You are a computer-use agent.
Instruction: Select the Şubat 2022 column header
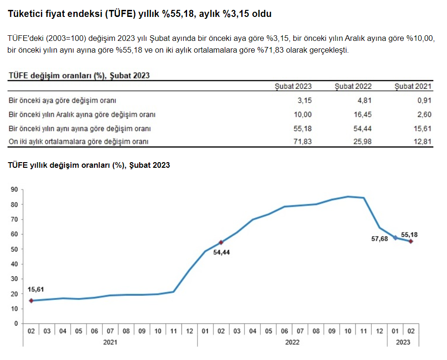tap(353, 86)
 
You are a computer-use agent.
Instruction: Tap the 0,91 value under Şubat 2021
tap(423, 100)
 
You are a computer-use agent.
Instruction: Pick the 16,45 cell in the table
tap(362, 114)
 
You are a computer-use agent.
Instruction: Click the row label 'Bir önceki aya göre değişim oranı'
tap(63, 100)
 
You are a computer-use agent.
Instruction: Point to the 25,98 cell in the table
tap(362, 141)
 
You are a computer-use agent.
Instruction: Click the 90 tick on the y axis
tap(14, 189)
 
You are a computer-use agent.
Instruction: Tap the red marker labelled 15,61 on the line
tap(31, 300)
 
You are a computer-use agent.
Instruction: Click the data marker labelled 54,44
tap(221, 243)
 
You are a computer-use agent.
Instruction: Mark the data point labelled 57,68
tap(395, 238)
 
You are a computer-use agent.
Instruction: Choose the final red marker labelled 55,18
tap(411, 241)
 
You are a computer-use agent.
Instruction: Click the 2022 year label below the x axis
tap(292, 343)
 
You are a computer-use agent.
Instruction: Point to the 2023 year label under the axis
tap(403, 343)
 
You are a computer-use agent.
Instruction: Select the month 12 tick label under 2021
tap(189, 331)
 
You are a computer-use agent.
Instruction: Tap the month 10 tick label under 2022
tap(348, 331)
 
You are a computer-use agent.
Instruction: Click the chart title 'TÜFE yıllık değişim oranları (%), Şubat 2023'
tap(89, 165)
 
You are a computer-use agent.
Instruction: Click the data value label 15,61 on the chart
tap(36, 290)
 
